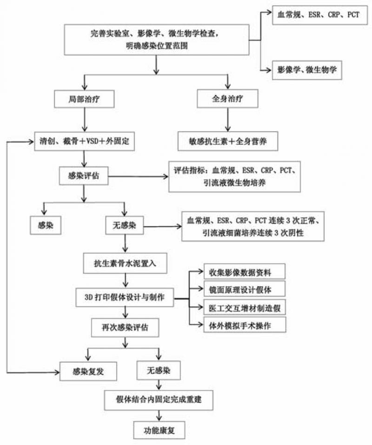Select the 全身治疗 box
(227, 100)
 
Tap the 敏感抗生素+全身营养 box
(227, 141)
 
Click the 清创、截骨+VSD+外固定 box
(85, 141)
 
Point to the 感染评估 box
(84, 176)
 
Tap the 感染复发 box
(87, 371)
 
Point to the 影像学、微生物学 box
(306, 70)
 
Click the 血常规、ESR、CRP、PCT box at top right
(318, 15)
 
